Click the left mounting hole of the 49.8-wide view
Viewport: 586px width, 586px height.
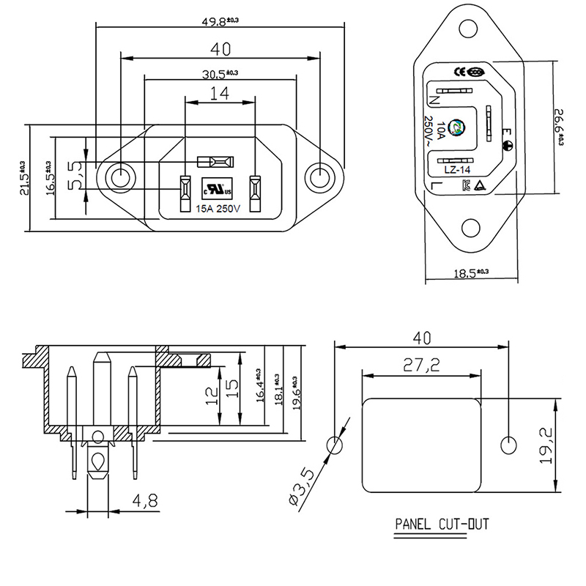[119, 177]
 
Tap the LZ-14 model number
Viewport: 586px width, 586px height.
[456, 171]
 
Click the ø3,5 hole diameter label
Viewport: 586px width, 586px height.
[303, 487]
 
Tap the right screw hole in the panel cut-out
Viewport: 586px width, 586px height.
[507, 445]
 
